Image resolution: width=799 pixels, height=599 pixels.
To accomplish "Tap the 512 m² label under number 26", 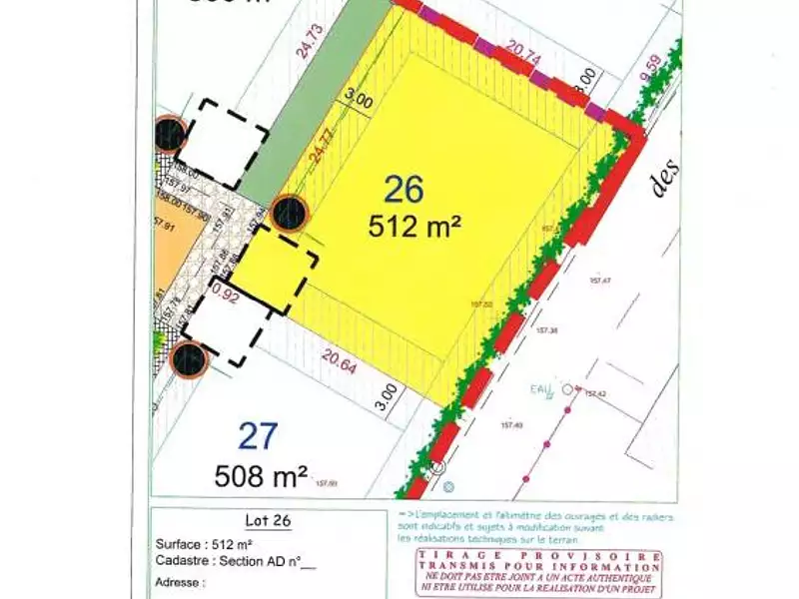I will pyautogui.click(x=415, y=226).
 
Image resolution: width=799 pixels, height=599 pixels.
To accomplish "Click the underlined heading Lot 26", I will pyautogui.click(x=264, y=520).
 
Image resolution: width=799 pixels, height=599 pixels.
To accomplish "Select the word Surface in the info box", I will pyautogui.click(x=180, y=544).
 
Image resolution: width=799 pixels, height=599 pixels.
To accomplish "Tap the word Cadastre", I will pyautogui.click(x=184, y=561).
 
